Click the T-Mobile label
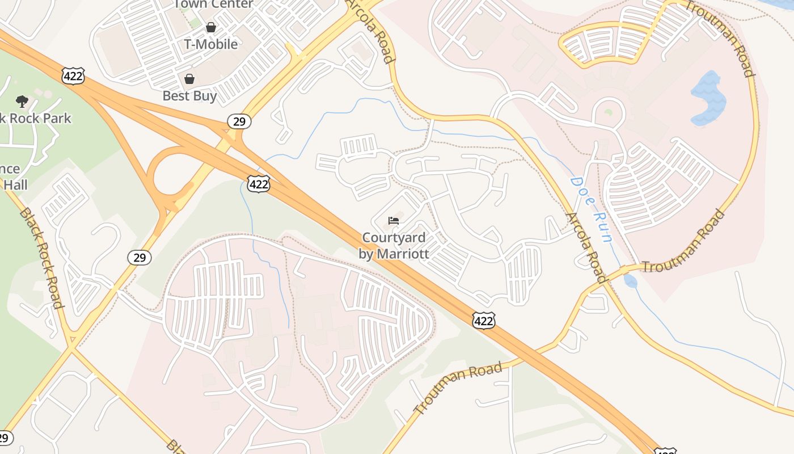click(211, 44)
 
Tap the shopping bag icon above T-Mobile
click(211, 27)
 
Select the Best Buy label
click(189, 96)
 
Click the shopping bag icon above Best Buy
click(189, 78)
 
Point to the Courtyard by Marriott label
click(394, 246)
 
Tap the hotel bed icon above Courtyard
click(394, 220)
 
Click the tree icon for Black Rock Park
click(22, 102)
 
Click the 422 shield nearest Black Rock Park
click(73, 75)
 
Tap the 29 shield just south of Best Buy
click(239, 121)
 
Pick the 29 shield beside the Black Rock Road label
click(140, 258)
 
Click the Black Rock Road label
click(41, 258)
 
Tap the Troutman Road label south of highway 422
click(458, 388)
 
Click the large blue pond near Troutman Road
click(708, 98)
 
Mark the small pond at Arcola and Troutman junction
click(630, 281)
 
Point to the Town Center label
click(213, 5)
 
